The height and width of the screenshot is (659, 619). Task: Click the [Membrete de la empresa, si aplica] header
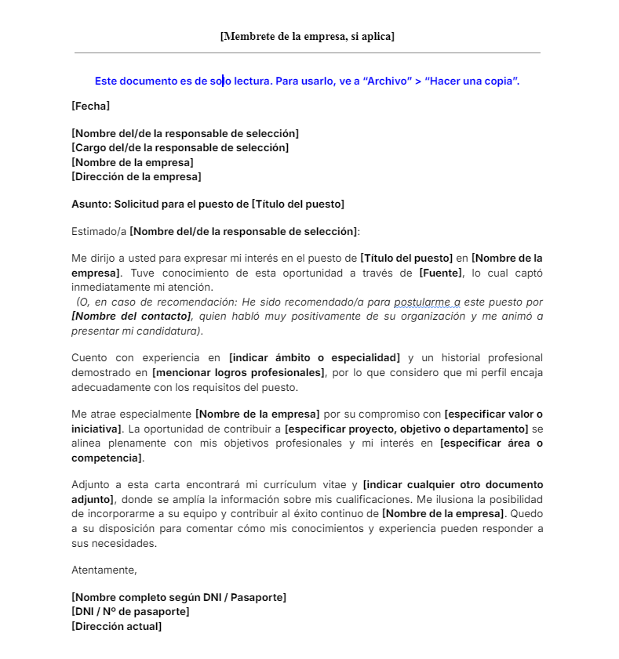coord(307,36)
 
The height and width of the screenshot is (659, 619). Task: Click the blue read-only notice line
coord(307,81)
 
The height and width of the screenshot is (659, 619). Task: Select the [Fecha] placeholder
coord(90,105)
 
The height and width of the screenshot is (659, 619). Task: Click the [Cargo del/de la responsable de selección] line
coord(180,147)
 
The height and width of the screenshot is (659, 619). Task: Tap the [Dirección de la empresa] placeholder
coord(136,176)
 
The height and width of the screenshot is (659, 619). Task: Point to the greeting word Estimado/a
coord(99,231)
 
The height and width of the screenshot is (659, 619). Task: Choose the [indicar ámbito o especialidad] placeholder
coord(314,358)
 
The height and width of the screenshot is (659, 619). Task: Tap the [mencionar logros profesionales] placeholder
coord(238,372)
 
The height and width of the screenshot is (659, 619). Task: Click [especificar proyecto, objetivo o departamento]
coord(406,429)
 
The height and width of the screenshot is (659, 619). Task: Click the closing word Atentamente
coord(104,570)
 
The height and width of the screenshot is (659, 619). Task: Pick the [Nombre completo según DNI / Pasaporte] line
coord(179,597)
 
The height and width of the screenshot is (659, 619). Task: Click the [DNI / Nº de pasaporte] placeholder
coord(130,611)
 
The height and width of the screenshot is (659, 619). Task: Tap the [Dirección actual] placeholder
coord(116,625)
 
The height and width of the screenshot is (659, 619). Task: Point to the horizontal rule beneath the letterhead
coord(307,53)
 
